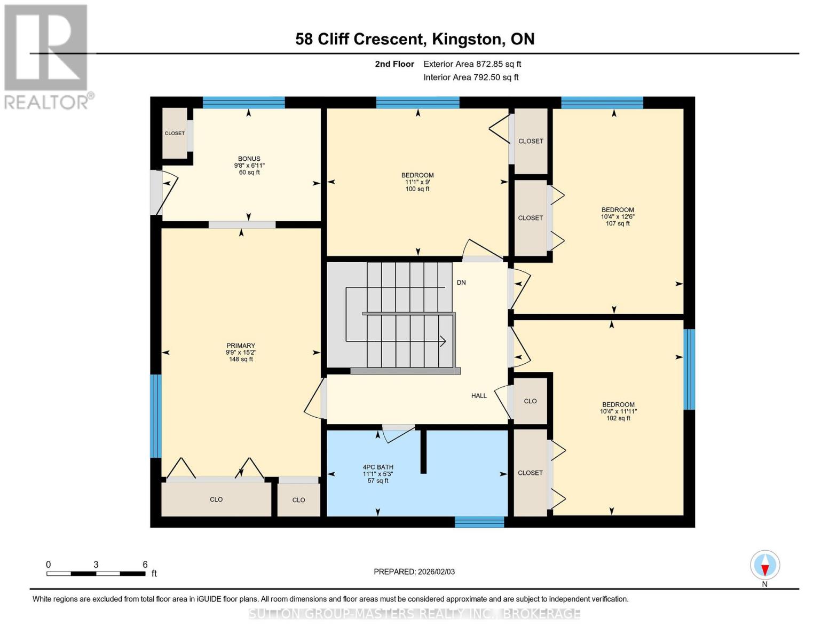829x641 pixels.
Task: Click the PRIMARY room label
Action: [x=240, y=346]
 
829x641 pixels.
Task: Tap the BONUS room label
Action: [x=249, y=159]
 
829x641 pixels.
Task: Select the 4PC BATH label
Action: [x=378, y=467]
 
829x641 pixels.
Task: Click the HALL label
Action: [x=479, y=396]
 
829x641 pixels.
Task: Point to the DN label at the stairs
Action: [x=461, y=283]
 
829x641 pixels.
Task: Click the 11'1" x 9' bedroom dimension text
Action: [x=417, y=182]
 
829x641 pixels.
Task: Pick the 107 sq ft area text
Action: [x=618, y=224]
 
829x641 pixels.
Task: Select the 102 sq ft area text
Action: [x=618, y=418]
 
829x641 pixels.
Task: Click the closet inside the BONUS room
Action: [x=175, y=133]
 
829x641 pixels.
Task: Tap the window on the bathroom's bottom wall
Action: [x=479, y=522]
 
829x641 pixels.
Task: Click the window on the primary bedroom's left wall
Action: [x=155, y=416]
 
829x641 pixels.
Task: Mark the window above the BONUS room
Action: [x=243, y=103]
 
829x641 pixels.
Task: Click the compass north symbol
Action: [x=765, y=566]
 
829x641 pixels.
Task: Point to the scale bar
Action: [x=96, y=574]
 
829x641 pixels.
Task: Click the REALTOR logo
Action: [x=46, y=56]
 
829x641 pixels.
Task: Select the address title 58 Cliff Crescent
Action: [x=415, y=39]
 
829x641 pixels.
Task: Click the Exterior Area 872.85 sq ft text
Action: [x=472, y=64]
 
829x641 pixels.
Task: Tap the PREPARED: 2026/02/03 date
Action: [x=414, y=572]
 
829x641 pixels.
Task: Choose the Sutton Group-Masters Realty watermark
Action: [x=414, y=614]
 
